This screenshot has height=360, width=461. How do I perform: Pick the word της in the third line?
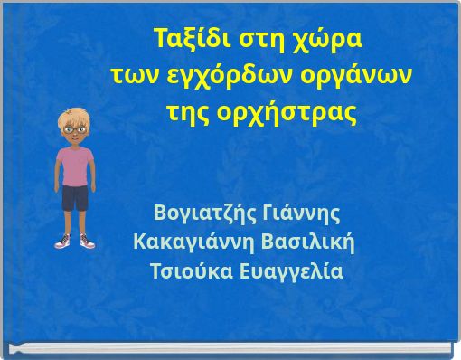(x=187, y=115)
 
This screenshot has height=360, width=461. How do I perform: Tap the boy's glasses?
(x=73, y=128)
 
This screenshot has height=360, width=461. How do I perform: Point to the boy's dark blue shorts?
(x=75, y=197)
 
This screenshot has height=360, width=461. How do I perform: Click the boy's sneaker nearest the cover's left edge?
(x=61, y=242)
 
